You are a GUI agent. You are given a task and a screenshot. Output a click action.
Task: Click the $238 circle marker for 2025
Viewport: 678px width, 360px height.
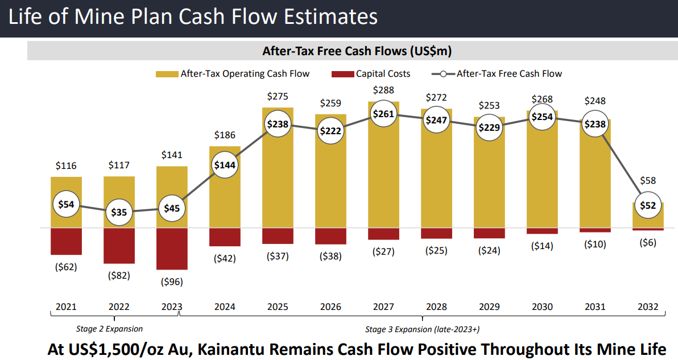(278, 124)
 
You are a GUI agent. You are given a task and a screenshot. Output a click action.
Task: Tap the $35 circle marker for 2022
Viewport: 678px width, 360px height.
(119, 212)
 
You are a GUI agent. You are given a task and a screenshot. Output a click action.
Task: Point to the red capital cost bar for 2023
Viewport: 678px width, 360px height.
(172, 249)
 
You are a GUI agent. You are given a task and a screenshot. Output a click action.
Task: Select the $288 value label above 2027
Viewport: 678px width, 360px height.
(383, 90)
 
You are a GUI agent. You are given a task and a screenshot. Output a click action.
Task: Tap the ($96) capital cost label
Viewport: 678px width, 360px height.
(172, 281)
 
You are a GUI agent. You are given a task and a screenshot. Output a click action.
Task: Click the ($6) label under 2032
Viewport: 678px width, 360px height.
(648, 242)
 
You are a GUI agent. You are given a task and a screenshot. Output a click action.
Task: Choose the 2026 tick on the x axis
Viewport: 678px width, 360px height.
(330, 307)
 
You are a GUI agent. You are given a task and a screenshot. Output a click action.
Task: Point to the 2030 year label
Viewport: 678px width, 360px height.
(542, 307)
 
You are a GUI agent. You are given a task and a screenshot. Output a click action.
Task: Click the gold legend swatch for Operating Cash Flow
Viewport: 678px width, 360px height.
(167, 74)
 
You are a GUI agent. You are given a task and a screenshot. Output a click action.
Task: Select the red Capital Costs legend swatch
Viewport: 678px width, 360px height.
(342, 74)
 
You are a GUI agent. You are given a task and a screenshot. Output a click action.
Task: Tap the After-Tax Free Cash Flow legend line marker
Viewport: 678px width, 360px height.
(443, 74)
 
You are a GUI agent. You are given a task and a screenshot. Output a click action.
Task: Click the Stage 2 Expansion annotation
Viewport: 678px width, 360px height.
(109, 329)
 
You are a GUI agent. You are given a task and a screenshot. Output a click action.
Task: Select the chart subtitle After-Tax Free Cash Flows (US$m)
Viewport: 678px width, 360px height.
(357, 51)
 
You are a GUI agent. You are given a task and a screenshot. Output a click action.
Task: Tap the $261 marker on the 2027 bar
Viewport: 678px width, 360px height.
(383, 114)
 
